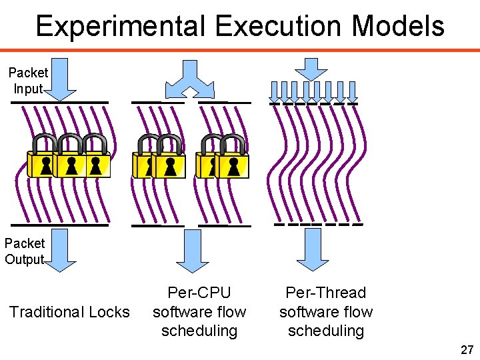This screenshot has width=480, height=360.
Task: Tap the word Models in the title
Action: (x=399, y=27)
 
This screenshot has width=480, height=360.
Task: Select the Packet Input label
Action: (x=28, y=80)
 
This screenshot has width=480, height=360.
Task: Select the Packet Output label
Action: (x=25, y=251)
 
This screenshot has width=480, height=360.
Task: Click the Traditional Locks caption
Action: (x=69, y=312)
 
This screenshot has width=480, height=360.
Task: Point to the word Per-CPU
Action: (x=199, y=293)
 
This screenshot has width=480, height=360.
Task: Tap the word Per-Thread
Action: (x=325, y=293)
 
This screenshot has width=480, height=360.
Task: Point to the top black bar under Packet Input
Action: (x=60, y=102)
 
